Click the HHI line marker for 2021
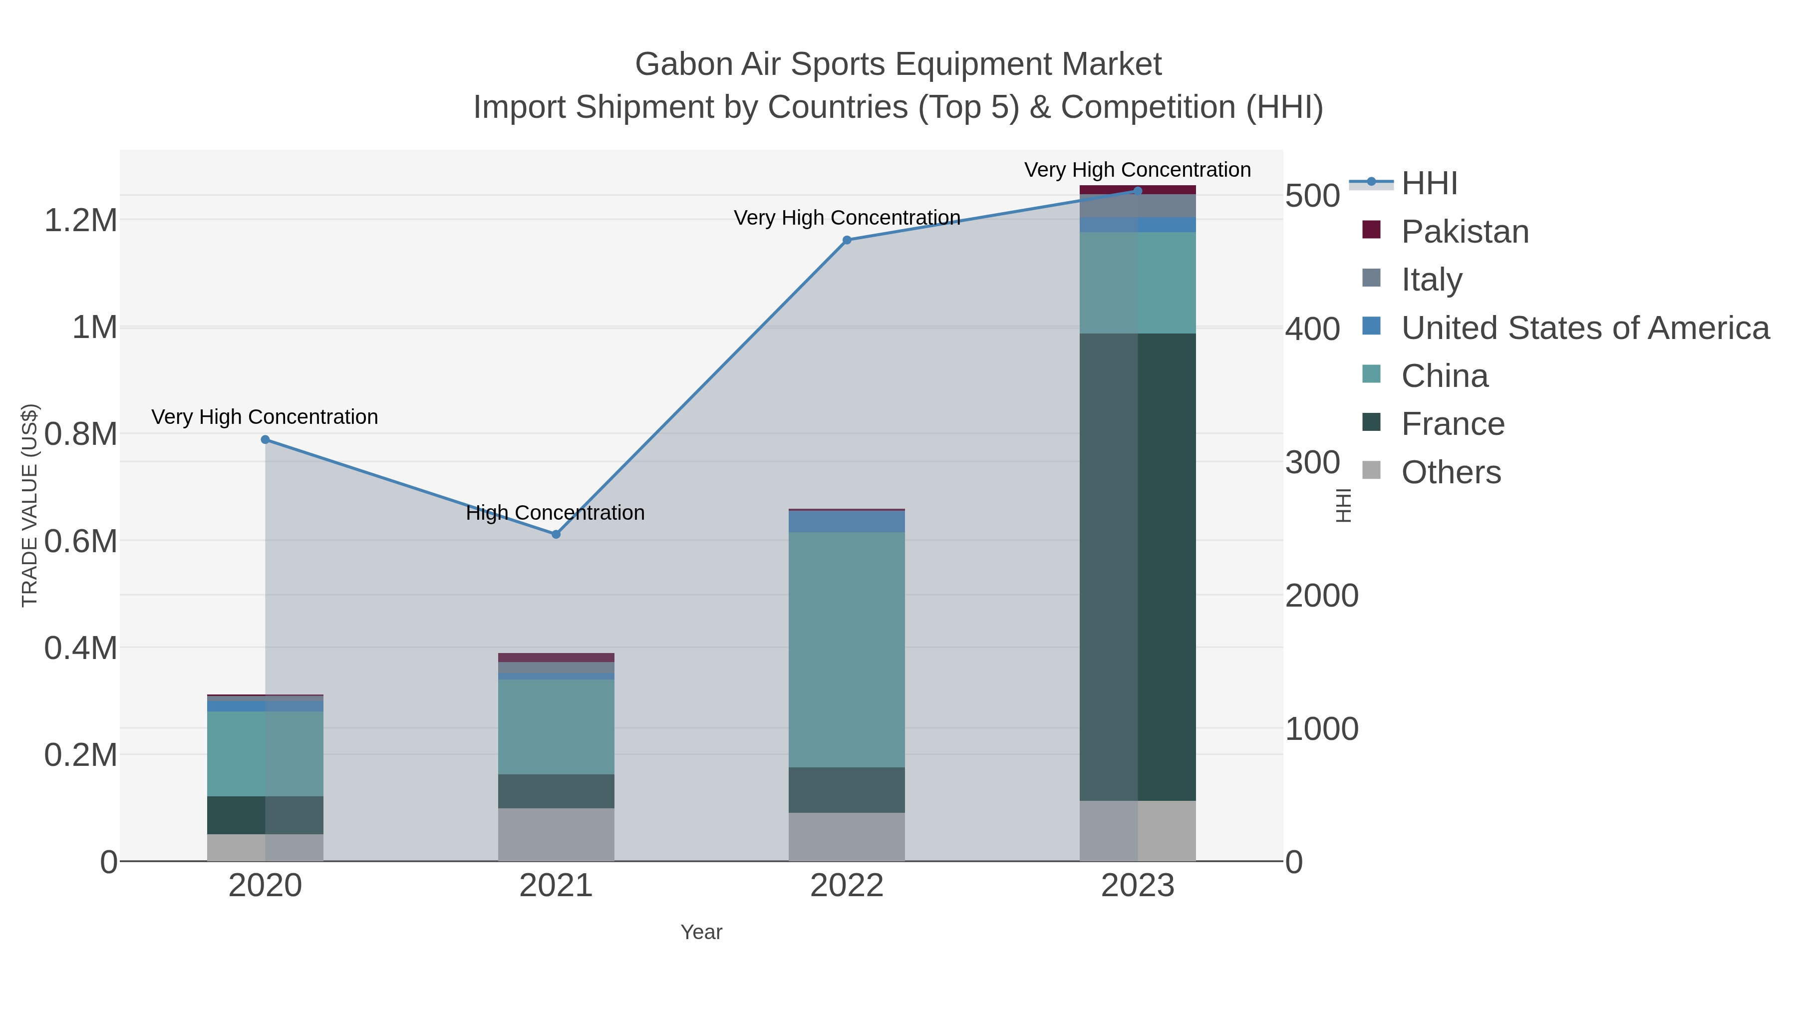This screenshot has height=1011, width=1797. (556, 534)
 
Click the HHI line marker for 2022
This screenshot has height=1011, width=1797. (847, 240)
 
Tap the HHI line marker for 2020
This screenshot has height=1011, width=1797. (265, 439)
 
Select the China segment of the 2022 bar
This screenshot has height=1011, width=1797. (847, 649)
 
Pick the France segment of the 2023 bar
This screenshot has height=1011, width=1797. (1138, 567)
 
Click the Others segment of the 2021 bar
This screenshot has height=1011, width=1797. (556, 834)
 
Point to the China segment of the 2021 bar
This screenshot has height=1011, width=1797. (556, 726)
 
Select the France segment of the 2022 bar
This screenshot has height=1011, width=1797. (847, 790)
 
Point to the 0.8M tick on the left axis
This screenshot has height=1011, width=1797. (80, 434)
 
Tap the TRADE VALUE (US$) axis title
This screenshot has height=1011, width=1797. (29, 505)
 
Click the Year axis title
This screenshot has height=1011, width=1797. (701, 932)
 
